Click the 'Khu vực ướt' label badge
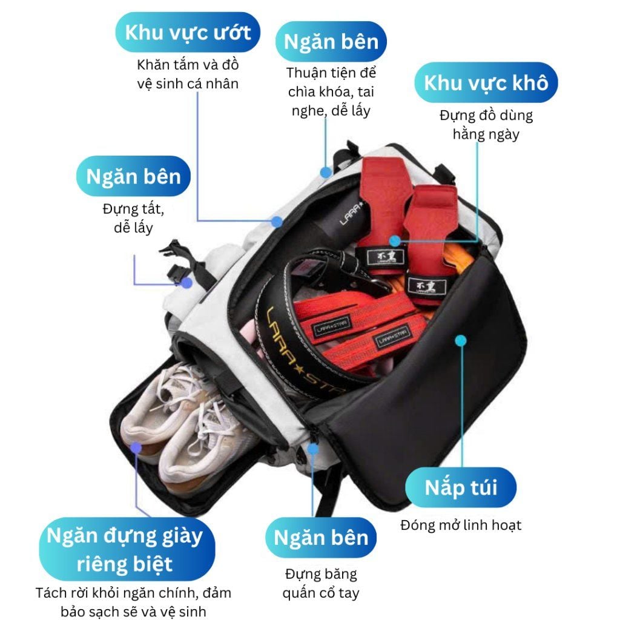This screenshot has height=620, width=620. pos(188,33)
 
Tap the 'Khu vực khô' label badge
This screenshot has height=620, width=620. pos(486,82)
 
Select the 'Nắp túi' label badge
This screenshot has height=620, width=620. pos(461,487)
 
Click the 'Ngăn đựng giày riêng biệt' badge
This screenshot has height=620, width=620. pos(125,549)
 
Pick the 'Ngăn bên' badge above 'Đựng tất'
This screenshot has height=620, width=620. pos(133,176)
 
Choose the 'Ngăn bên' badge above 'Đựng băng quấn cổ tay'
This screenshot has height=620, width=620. pos(321,537)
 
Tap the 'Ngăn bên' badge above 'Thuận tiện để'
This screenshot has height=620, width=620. pos(331,41)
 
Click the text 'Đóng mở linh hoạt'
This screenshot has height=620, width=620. pos(461,525)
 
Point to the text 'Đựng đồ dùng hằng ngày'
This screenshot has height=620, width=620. pos(486,124)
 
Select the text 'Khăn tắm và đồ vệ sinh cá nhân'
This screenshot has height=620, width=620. pos(188,74)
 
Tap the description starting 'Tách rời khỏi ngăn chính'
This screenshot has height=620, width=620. pos(133,602)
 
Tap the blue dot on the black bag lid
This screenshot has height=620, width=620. pos(461,340)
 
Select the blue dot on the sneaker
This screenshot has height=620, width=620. pos(137,448)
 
